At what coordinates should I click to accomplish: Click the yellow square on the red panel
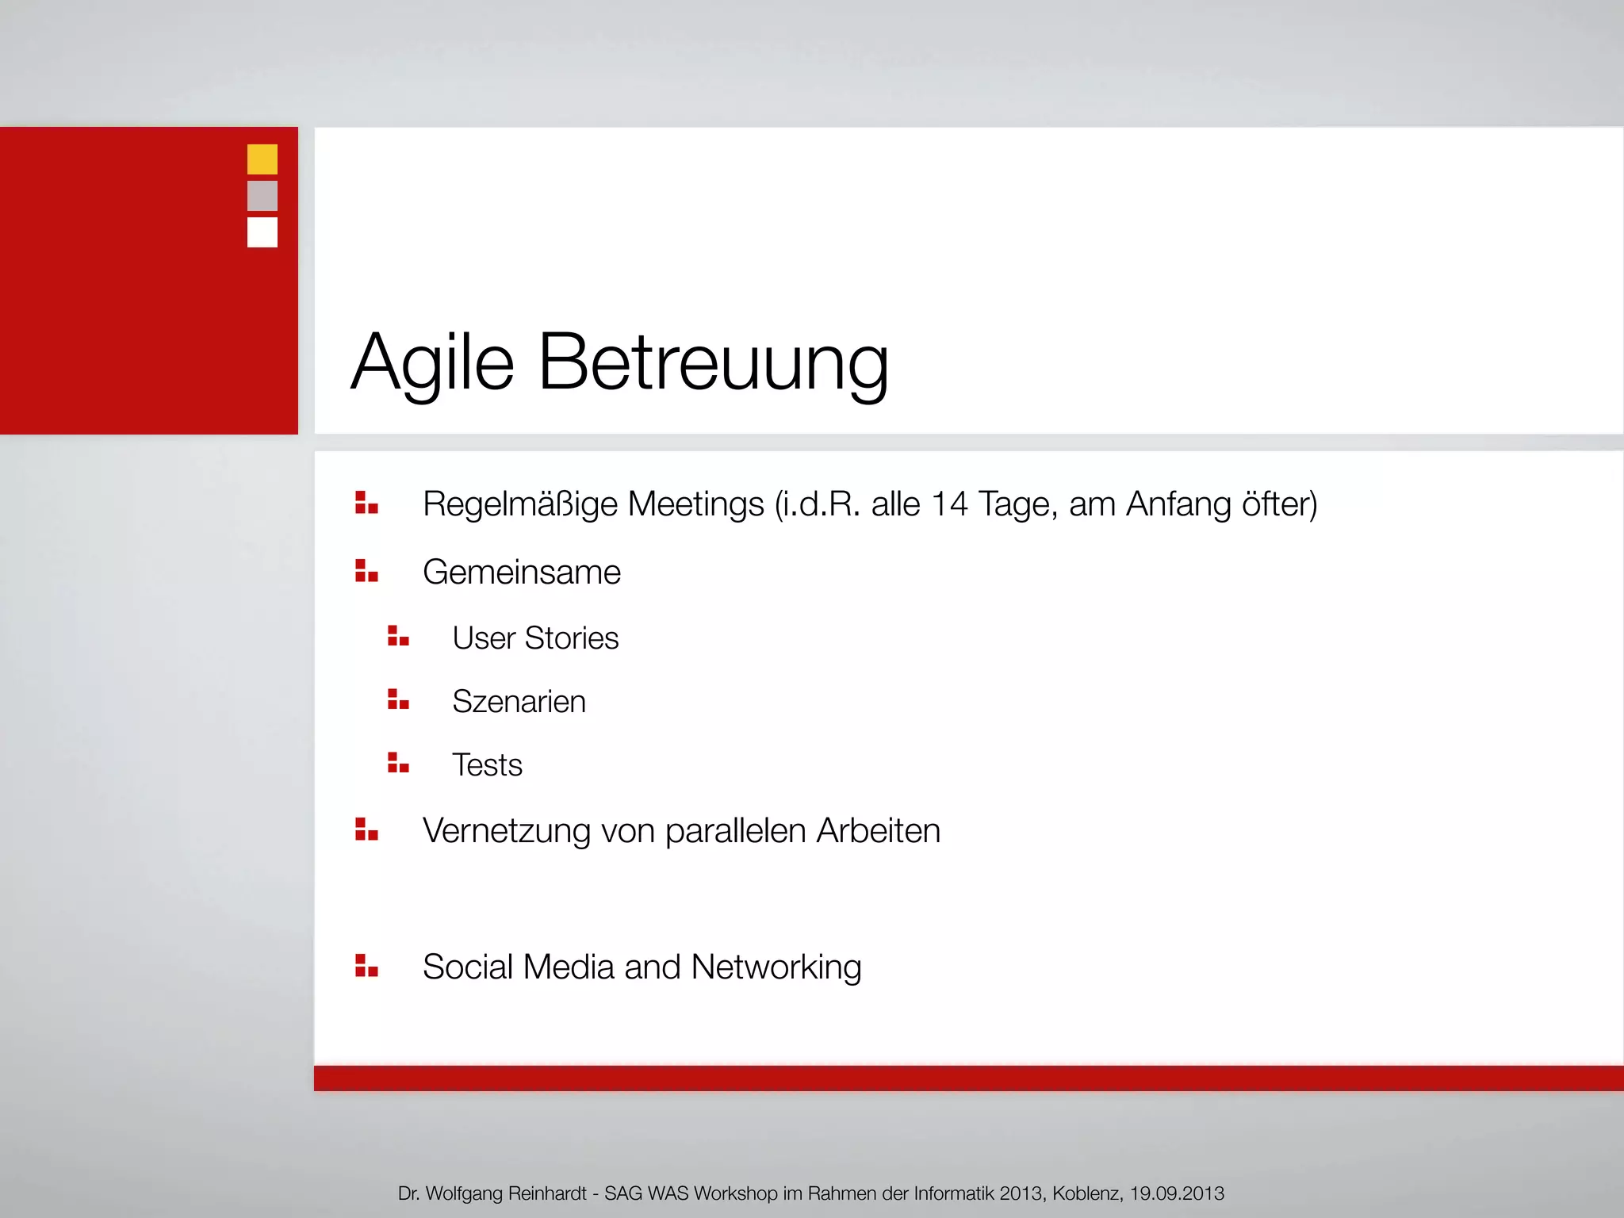pos(262,159)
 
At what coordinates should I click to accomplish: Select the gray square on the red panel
pos(262,196)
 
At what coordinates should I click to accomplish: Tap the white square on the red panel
pos(262,232)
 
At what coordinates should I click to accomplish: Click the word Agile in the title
pos(433,363)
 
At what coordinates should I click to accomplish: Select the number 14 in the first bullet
pos(949,504)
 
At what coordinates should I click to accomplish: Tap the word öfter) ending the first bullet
pos(1279,504)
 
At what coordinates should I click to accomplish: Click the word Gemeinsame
pos(521,573)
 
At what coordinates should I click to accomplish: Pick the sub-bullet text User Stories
pos(535,638)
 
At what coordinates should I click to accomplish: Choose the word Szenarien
pos(519,702)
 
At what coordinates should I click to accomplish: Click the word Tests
pos(487,765)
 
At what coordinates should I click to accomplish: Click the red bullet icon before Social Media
pos(366,966)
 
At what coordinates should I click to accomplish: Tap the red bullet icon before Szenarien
pos(398,699)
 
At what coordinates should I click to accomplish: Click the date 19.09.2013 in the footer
pos(1177,1193)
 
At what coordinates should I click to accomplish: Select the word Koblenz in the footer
pos(1087,1193)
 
